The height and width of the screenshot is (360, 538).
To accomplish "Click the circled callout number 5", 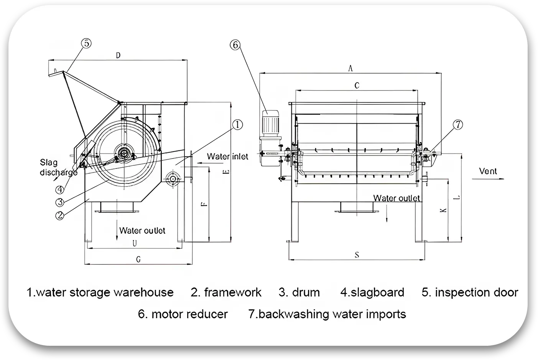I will [x=87, y=43].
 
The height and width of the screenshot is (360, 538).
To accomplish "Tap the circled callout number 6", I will [x=235, y=45].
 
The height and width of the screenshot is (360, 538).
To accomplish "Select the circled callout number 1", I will [x=237, y=124].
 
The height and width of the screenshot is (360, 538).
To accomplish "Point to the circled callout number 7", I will [x=458, y=124].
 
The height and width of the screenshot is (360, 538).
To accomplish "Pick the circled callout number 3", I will [x=59, y=202].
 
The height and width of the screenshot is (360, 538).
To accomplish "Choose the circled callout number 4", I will [x=59, y=189].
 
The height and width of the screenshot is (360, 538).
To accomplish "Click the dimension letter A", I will [x=350, y=68].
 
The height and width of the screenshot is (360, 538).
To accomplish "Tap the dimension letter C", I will [x=357, y=86].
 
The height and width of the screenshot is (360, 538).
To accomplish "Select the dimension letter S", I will [x=357, y=255].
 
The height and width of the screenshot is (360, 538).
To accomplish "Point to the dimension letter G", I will [x=138, y=259].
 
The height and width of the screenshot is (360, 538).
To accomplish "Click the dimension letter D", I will [x=118, y=56].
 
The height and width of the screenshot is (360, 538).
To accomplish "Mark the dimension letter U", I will [x=135, y=243].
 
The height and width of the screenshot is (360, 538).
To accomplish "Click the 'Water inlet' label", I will [x=227, y=156].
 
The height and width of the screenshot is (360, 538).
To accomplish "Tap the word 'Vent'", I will [x=488, y=171].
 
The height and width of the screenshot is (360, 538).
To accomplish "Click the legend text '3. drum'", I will [x=299, y=292].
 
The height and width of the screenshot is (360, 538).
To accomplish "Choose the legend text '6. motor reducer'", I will [x=183, y=314].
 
